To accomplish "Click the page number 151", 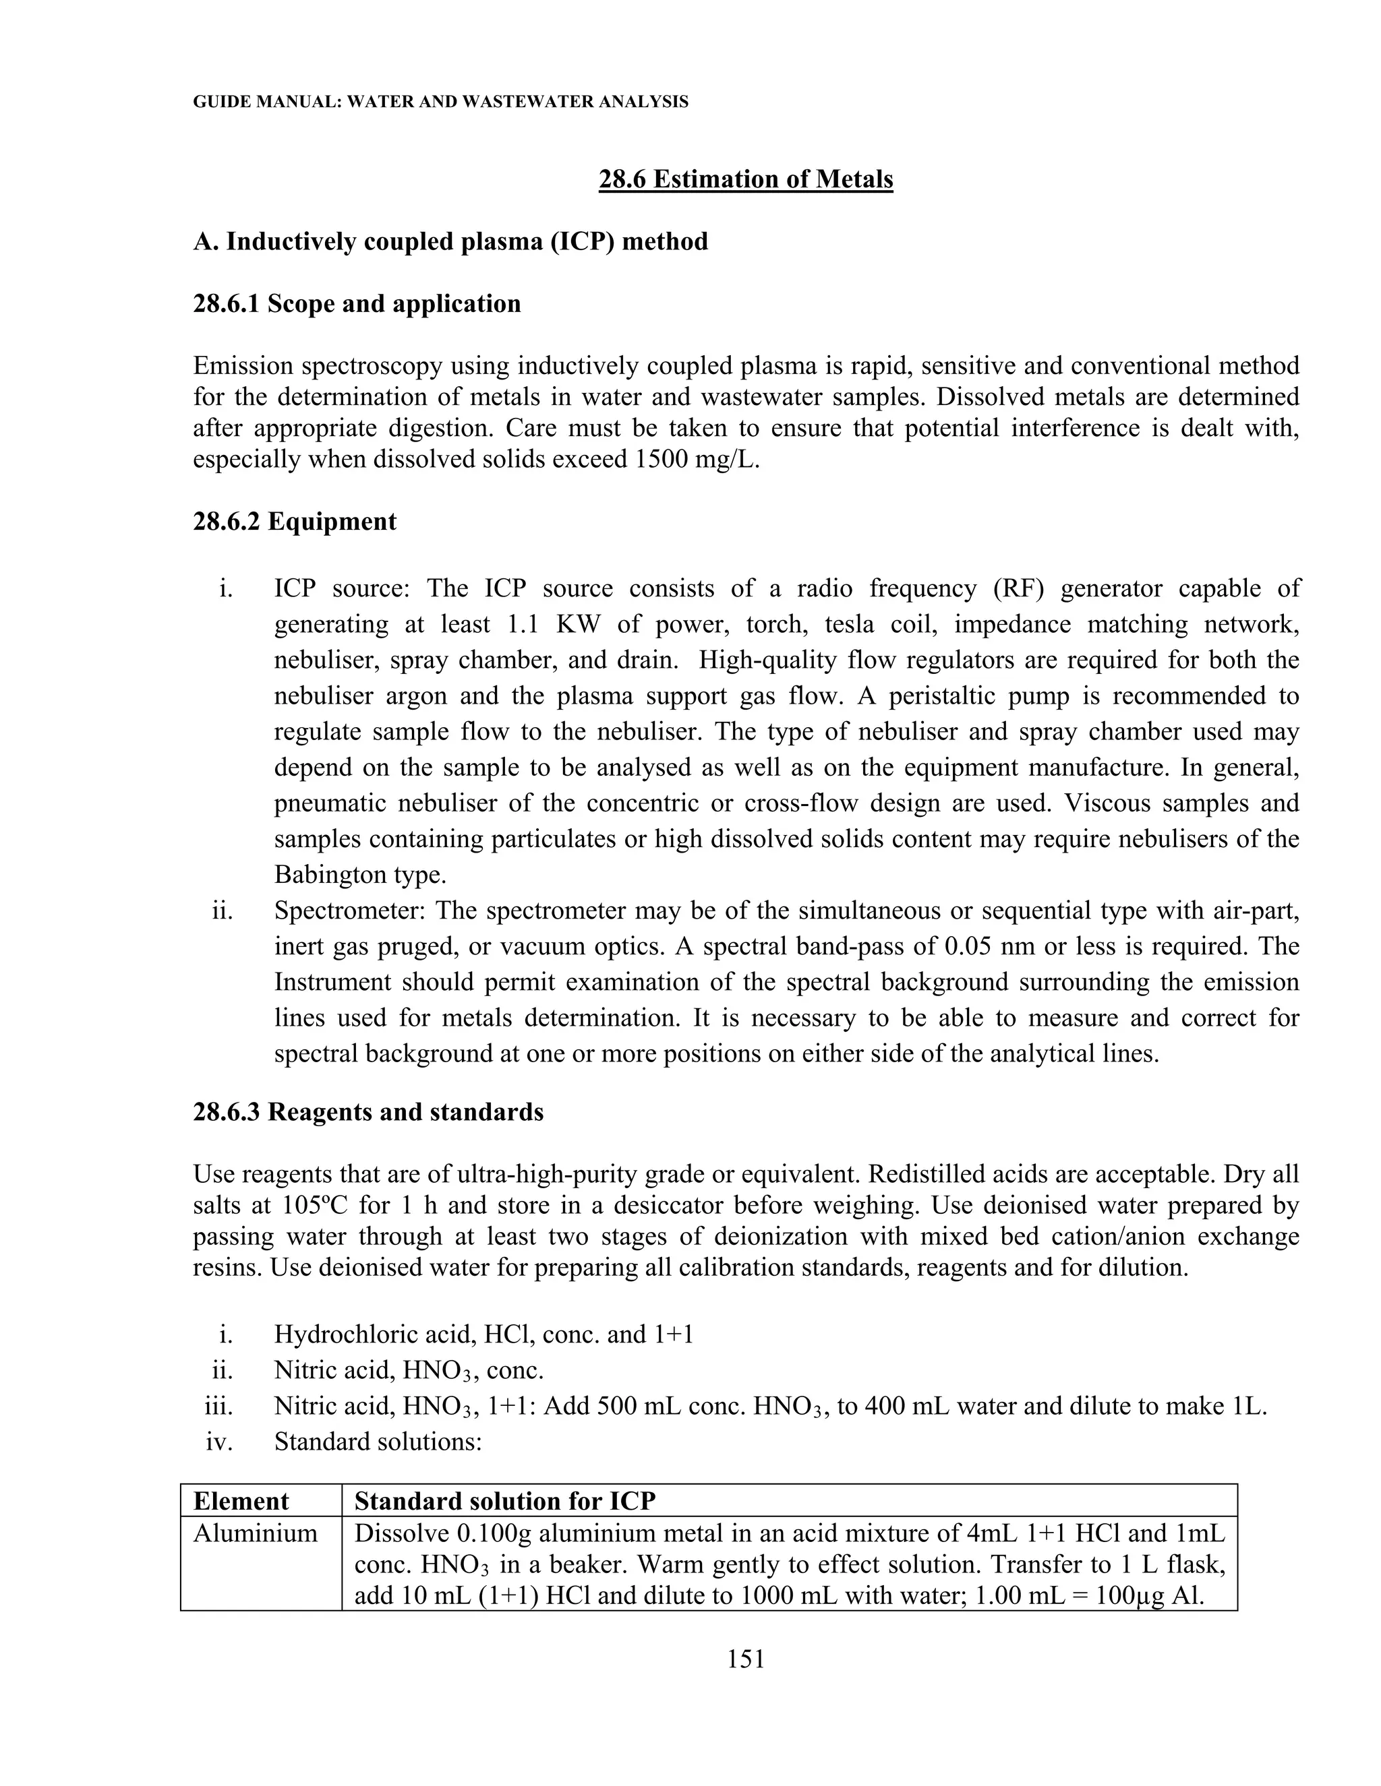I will click(x=745, y=1659).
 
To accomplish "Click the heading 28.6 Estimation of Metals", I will click(x=745, y=179).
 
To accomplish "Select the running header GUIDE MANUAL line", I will click(x=440, y=102).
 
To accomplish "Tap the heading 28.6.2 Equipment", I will click(x=295, y=522).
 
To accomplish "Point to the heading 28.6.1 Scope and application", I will click(x=357, y=304).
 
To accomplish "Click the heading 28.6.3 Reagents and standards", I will click(x=368, y=1112).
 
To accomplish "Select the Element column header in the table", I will click(x=241, y=1501).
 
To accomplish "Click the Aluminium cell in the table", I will click(x=256, y=1533).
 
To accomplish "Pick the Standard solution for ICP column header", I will click(x=505, y=1501).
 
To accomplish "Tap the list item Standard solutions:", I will click(x=378, y=1442).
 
